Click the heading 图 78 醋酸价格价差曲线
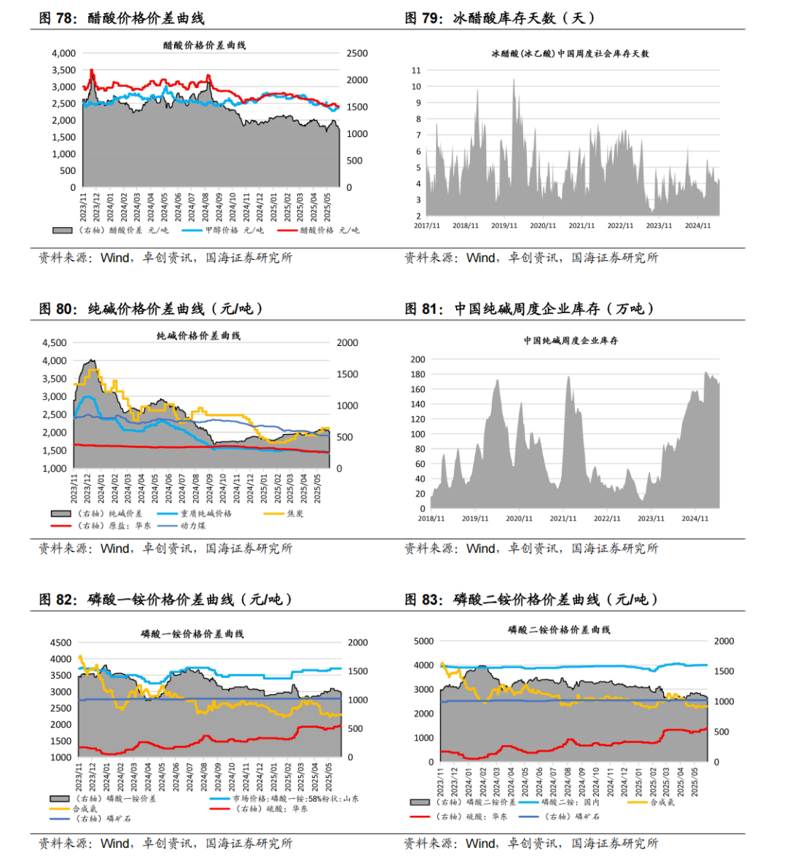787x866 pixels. coord(121,18)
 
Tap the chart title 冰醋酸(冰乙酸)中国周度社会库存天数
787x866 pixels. coord(571,53)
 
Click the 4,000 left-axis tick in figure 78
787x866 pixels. coord(63,53)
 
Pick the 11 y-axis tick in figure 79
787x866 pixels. coord(416,71)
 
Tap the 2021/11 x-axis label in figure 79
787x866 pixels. coord(582,226)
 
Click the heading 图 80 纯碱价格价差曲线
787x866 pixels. coord(151,309)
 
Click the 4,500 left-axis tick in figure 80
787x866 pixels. coord(54,342)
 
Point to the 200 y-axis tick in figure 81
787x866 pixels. coord(418,359)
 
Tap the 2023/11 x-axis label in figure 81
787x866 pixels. coord(651,519)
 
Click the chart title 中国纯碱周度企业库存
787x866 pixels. coord(571,340)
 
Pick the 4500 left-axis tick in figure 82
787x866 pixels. coord(60,642)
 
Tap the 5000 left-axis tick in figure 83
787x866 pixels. coord(423,641)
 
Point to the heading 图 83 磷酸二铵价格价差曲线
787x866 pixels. coord(531,599)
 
